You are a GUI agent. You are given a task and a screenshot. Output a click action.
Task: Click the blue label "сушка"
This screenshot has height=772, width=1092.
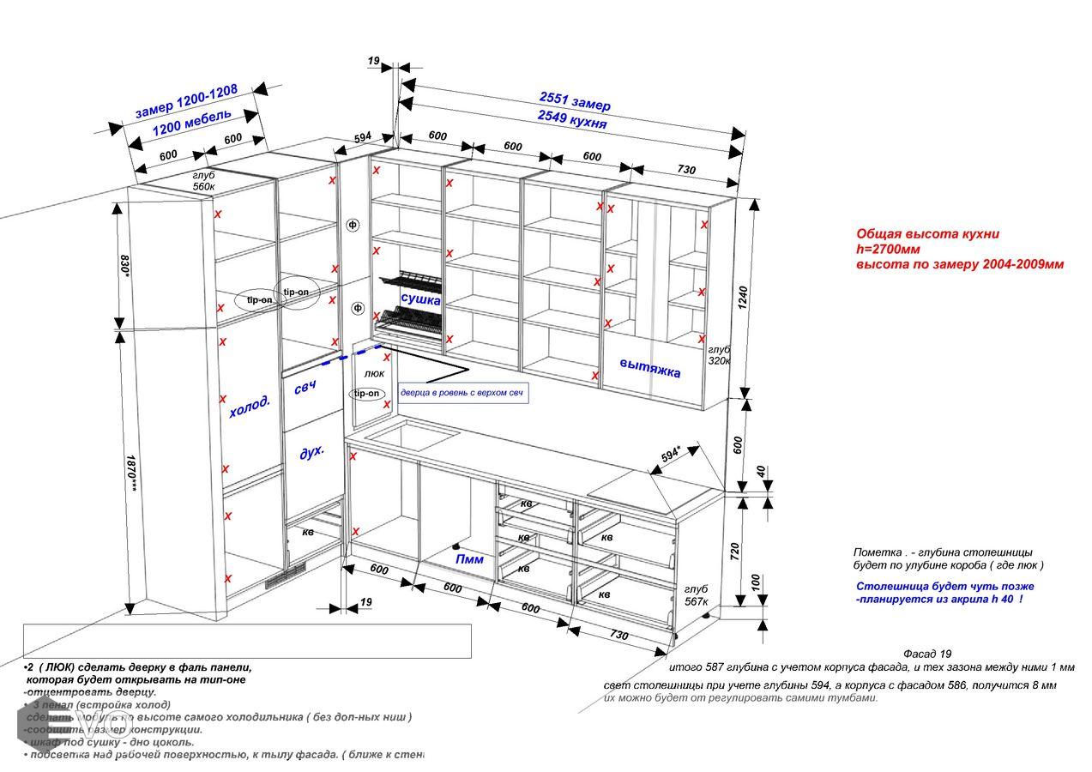420,300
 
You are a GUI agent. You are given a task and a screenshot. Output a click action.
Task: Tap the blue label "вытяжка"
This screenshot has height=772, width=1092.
650,368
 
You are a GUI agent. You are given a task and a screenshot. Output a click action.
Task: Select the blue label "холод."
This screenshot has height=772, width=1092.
250,407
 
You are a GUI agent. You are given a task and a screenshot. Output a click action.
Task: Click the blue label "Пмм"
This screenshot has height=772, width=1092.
469,559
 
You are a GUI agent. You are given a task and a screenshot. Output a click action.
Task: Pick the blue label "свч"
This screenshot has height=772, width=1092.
305,387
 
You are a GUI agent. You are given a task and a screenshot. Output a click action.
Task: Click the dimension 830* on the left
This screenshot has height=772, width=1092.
125,265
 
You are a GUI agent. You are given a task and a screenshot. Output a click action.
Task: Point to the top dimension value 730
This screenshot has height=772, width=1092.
686,170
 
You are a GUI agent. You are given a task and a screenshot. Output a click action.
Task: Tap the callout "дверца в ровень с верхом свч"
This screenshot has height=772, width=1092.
462,393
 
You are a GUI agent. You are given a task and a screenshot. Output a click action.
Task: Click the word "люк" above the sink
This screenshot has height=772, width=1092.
374,374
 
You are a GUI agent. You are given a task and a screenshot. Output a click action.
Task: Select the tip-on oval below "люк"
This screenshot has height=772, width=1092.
365,394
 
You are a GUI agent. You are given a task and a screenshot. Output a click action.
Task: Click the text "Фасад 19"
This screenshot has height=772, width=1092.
927,654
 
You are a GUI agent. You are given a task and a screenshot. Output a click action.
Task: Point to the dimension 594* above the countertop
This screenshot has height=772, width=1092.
671,456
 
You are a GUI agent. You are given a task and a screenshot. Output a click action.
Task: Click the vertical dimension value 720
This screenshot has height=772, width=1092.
734,551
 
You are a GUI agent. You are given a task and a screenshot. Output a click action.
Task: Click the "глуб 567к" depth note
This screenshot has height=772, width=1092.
696,594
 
